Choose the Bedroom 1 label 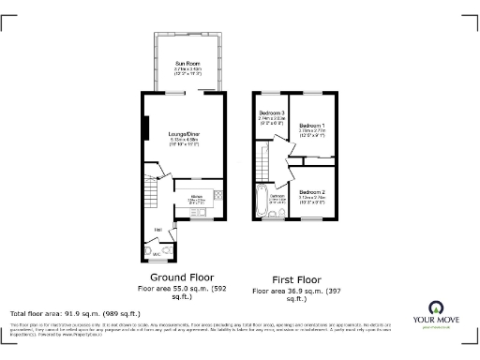tap(312, 125)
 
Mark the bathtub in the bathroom tap(262, 201)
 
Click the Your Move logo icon tap(436, 308)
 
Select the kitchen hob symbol tap(217, 195)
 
